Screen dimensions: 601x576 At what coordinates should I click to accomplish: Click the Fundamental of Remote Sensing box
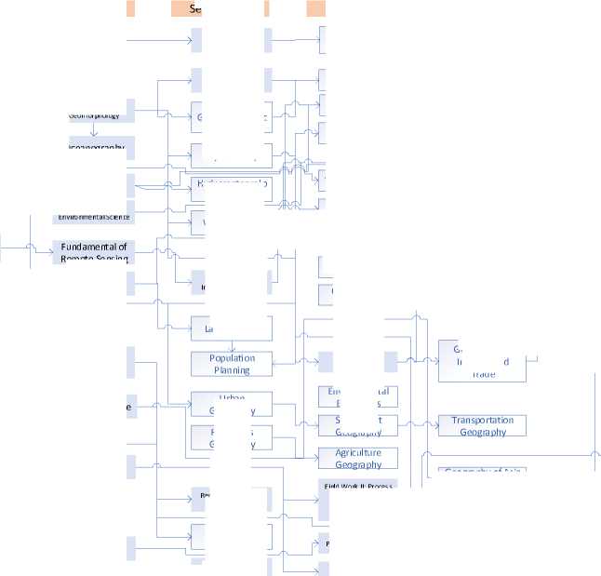94,252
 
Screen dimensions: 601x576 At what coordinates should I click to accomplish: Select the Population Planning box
232,364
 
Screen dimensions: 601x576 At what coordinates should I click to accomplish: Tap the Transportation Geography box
482,426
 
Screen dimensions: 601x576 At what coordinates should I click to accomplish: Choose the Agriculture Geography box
358,459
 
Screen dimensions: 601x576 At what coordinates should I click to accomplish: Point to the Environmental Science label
94,217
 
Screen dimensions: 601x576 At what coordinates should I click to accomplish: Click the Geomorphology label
94,115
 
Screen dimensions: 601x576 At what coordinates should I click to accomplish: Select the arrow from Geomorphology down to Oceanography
94,130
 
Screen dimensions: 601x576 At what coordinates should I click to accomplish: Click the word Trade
483,374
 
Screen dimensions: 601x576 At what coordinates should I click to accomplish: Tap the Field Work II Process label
359,486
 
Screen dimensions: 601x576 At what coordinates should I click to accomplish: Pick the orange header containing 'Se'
194,8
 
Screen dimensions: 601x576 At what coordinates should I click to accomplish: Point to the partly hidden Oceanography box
97,147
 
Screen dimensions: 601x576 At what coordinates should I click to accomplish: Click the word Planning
232,369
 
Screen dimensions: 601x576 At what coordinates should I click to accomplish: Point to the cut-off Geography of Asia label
481,470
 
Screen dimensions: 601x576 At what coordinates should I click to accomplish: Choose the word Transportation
482,421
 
